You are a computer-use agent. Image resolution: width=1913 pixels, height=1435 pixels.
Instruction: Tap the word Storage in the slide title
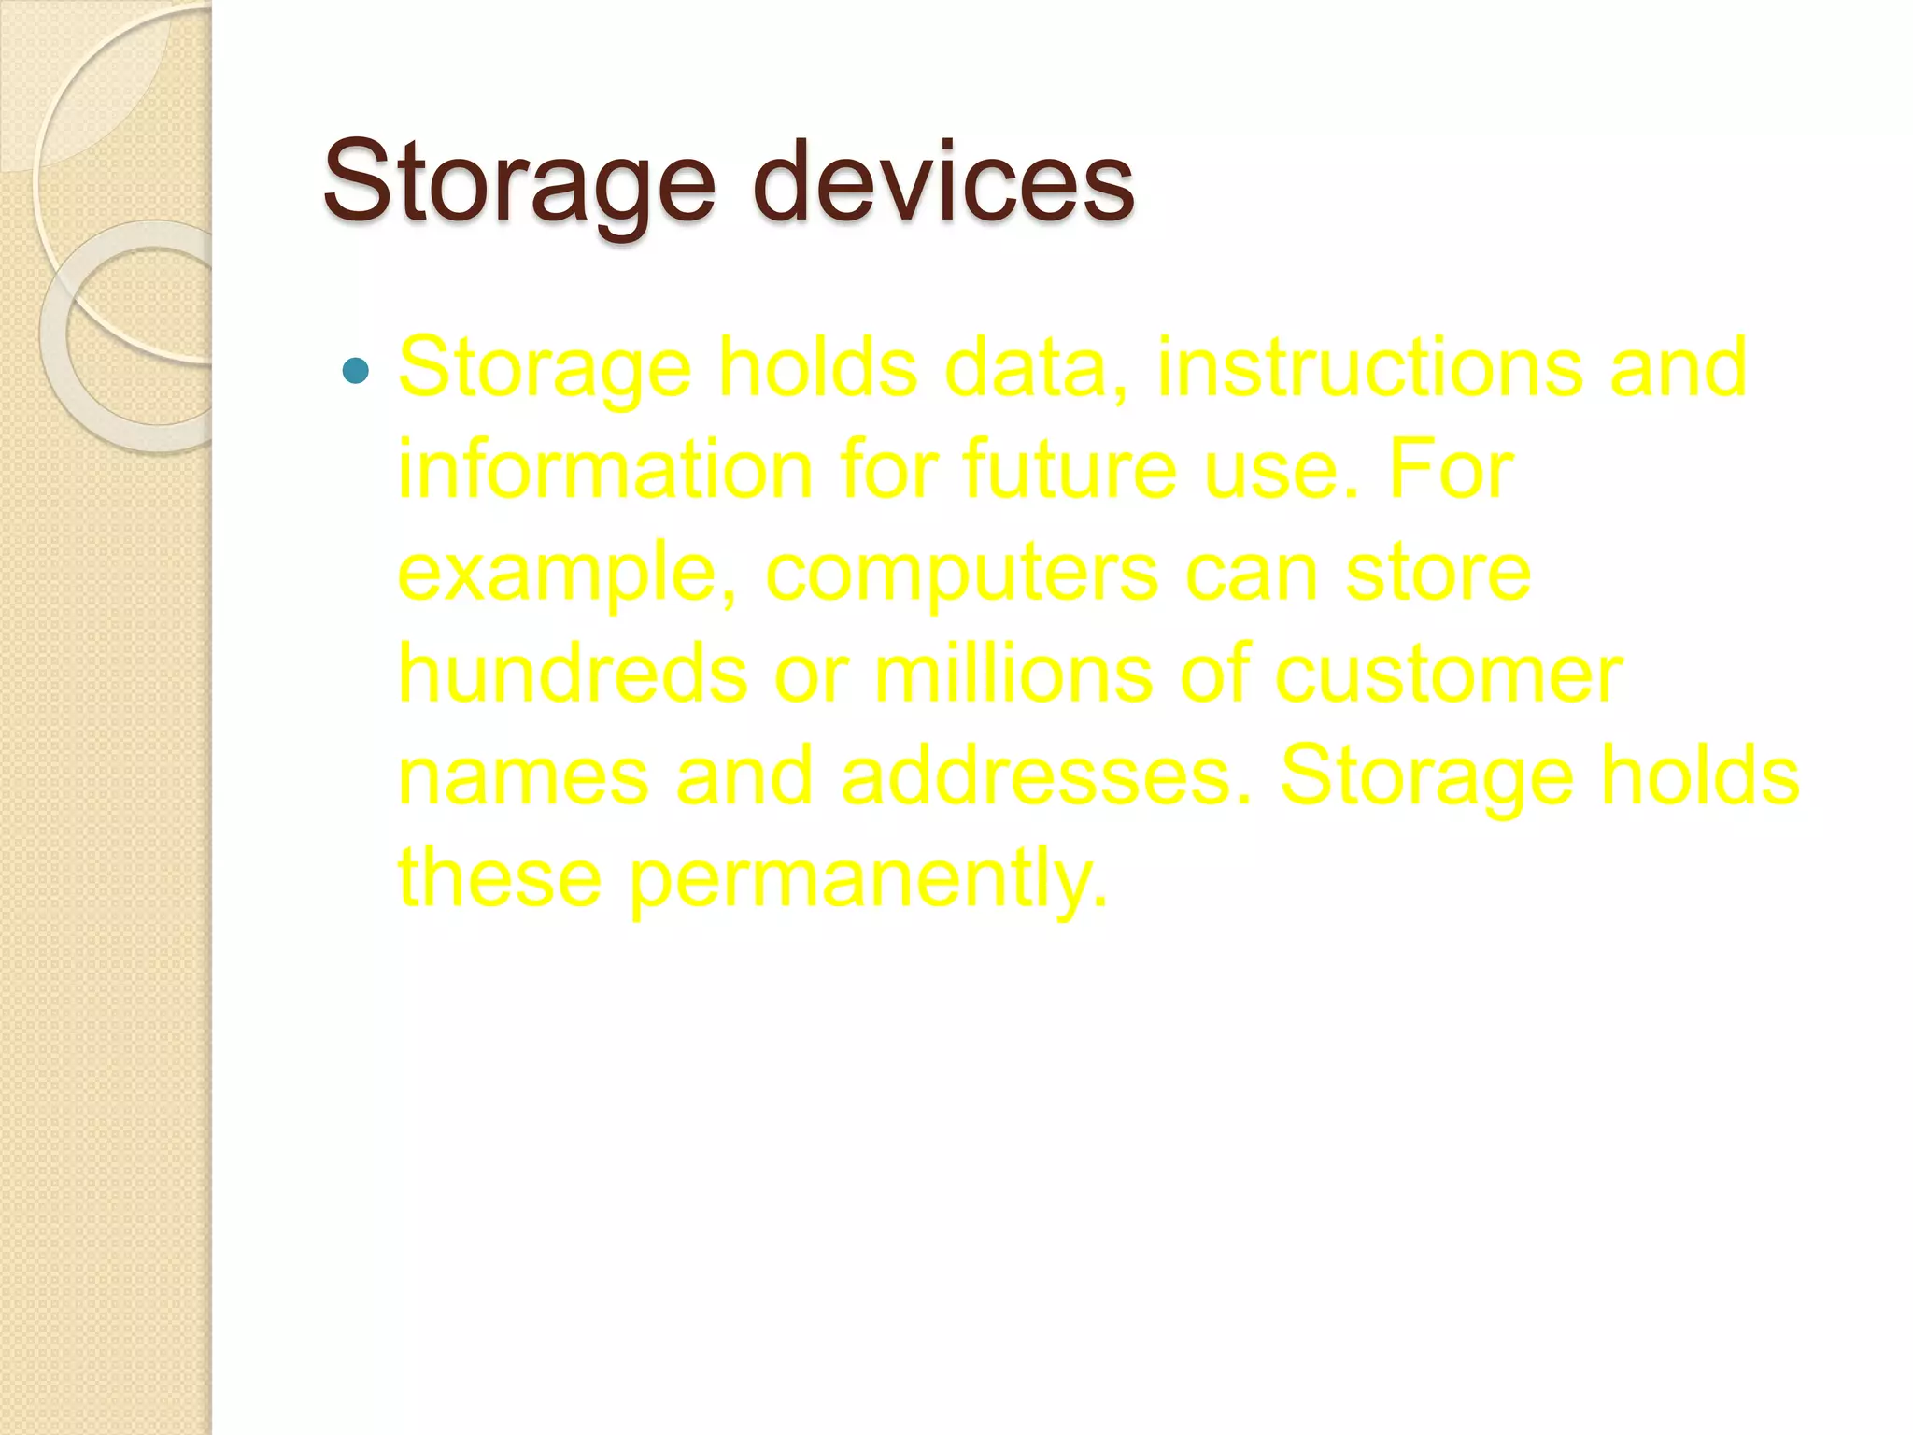pos(519,182)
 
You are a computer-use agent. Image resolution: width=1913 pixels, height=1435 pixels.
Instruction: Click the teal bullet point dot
pos(356,371)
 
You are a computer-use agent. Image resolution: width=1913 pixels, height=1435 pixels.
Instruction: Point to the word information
pos(605,469)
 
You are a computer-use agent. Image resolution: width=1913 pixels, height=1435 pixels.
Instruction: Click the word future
pos(1070,469)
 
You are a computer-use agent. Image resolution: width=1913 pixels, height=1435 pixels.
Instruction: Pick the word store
pos(1438,572)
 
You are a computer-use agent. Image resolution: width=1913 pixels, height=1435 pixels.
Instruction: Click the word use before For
pos(1280,471)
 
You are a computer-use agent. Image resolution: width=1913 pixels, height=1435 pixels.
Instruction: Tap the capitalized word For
pos(1451,469)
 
